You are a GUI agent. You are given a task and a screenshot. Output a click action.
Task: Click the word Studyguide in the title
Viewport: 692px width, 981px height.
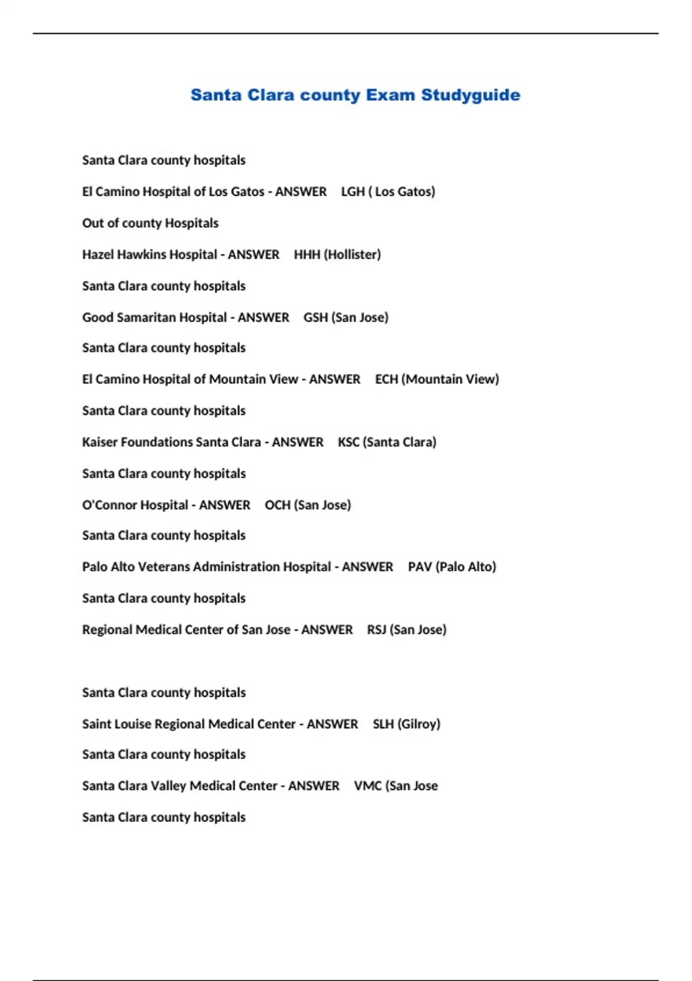(471, 95)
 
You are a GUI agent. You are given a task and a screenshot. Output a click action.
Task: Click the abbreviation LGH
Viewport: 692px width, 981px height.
(352, 192)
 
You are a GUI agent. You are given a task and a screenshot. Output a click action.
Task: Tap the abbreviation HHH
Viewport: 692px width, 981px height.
(307, 254)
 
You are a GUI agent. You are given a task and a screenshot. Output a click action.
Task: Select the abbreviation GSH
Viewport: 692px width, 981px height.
(315, 317)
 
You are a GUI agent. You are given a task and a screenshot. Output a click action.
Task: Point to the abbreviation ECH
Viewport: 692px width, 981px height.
(386, 379)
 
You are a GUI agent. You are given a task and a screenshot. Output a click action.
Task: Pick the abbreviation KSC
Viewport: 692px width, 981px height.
(348, 442)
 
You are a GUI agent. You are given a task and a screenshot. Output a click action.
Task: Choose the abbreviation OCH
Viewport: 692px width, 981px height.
(277, 505)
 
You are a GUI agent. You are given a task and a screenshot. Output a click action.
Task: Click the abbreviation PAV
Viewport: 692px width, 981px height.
(420, 567)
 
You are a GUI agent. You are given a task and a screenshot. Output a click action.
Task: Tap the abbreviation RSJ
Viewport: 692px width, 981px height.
(377, 630)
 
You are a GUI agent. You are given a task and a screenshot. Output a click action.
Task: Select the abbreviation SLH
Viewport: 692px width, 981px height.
(383, 724)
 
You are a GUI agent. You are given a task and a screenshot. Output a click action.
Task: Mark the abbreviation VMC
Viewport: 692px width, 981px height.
(367, 786)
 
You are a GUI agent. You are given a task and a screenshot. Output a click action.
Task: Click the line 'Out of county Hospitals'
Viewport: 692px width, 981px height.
(150, 223)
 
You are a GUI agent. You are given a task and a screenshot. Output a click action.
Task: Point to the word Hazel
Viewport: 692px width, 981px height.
(97, 254)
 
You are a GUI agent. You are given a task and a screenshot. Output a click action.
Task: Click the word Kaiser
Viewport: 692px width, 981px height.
(100, 442)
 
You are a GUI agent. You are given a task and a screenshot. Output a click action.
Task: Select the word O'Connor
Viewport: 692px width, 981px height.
(109, 505)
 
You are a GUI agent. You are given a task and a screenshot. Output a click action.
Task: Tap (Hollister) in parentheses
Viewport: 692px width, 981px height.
(352, 254)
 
